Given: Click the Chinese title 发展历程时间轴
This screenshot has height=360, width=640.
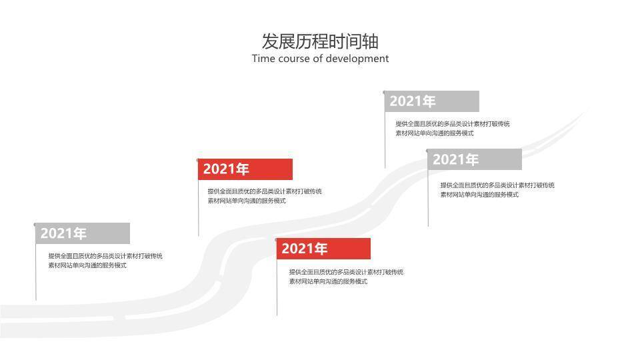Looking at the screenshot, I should tap(320, 41).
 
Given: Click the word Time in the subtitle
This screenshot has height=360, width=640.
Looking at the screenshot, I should tap(263, 59).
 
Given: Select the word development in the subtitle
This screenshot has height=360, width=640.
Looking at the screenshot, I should tap(357, 59).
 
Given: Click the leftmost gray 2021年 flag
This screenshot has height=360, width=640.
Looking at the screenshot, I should tap(83, 234).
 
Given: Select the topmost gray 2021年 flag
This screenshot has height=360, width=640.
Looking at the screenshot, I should tap(432, 101).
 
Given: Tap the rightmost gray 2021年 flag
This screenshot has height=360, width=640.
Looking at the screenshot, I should tap(475, 160).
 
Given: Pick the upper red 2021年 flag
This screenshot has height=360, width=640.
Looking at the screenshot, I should tap(245, 169).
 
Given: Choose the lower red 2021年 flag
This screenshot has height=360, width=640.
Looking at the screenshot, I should tap(323, 249).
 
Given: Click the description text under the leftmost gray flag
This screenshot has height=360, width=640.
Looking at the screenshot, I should tap(105, 261).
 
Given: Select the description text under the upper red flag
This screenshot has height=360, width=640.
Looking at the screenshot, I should tap(264, 196).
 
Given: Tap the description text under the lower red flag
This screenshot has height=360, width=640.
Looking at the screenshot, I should tap(345, 277).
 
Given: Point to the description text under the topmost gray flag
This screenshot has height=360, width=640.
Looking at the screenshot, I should tap(452, 129).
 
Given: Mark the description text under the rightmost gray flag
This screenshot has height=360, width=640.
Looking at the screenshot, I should tap(497, 190).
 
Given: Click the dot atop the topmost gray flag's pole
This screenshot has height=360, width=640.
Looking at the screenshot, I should tap(385, 93).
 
